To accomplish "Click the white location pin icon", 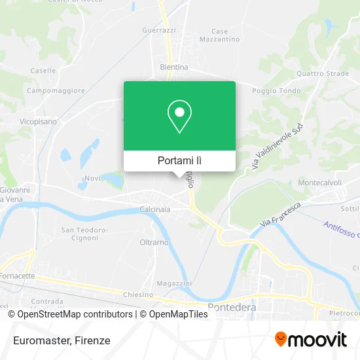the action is (179, 117).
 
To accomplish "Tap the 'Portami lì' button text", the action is (179, 160).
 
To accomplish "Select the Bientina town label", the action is (174, 67).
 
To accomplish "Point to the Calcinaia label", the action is (155, 209).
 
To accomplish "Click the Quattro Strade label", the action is (323, 73).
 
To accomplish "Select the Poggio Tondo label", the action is (280, 91).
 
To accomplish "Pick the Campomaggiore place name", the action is (56, 90).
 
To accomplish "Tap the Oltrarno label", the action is (154, 242).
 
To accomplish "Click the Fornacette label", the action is (19, 276).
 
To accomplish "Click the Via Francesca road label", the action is (280, 214).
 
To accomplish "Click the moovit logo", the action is (310, 339).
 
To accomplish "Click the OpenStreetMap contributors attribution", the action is (70, 314).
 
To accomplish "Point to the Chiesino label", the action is (138, 295).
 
